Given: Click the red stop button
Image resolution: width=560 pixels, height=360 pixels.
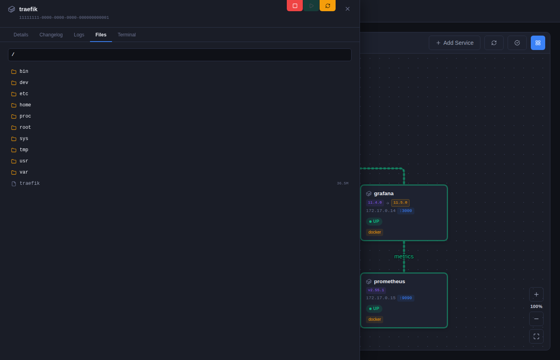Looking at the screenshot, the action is coord(294,6).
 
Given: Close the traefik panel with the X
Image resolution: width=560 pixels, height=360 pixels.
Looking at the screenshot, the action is coord(348,9).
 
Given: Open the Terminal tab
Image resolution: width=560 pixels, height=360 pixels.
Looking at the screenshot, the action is coord(127,35).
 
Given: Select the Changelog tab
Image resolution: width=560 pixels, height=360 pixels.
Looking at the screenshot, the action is coord(51,35).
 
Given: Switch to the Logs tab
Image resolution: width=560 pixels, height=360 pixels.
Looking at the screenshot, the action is coord(79,35).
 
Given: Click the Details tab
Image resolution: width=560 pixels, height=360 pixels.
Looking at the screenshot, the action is coord(21,35).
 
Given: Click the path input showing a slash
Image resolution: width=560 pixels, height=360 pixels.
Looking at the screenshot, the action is coord(180,55).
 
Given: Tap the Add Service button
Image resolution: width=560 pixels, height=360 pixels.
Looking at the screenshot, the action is coord(454,43).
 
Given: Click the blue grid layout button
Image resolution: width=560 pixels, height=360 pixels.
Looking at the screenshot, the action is coord(538,43).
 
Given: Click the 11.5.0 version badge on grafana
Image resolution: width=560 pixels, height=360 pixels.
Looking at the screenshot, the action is coord(400,203).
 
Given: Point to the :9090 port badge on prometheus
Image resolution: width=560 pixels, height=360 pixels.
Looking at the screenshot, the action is coord(406,298).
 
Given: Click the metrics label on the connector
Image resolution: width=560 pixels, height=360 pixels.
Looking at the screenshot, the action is coord(404,256).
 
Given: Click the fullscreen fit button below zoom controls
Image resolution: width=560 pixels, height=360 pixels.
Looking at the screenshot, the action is coord(536,336).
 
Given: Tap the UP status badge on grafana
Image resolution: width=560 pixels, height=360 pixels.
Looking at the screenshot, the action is coord(374,222).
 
